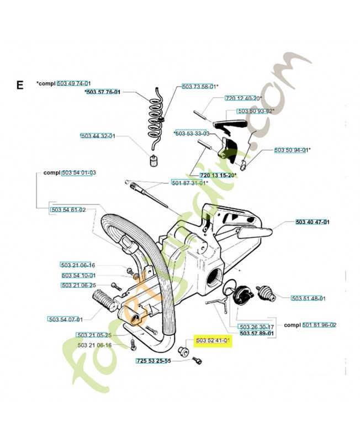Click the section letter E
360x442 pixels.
click(20, 85)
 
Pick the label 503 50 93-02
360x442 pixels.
click(256, 111)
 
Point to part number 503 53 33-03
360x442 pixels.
click(192, 134)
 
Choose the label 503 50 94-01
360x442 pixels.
click(293, 150)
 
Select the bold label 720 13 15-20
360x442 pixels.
click(214, 175)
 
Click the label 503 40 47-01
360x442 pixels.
click(313, 222)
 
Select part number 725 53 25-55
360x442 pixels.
click(153, 361)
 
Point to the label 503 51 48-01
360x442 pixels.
click(309, 298)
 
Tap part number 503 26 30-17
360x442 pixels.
click(257, 326)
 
